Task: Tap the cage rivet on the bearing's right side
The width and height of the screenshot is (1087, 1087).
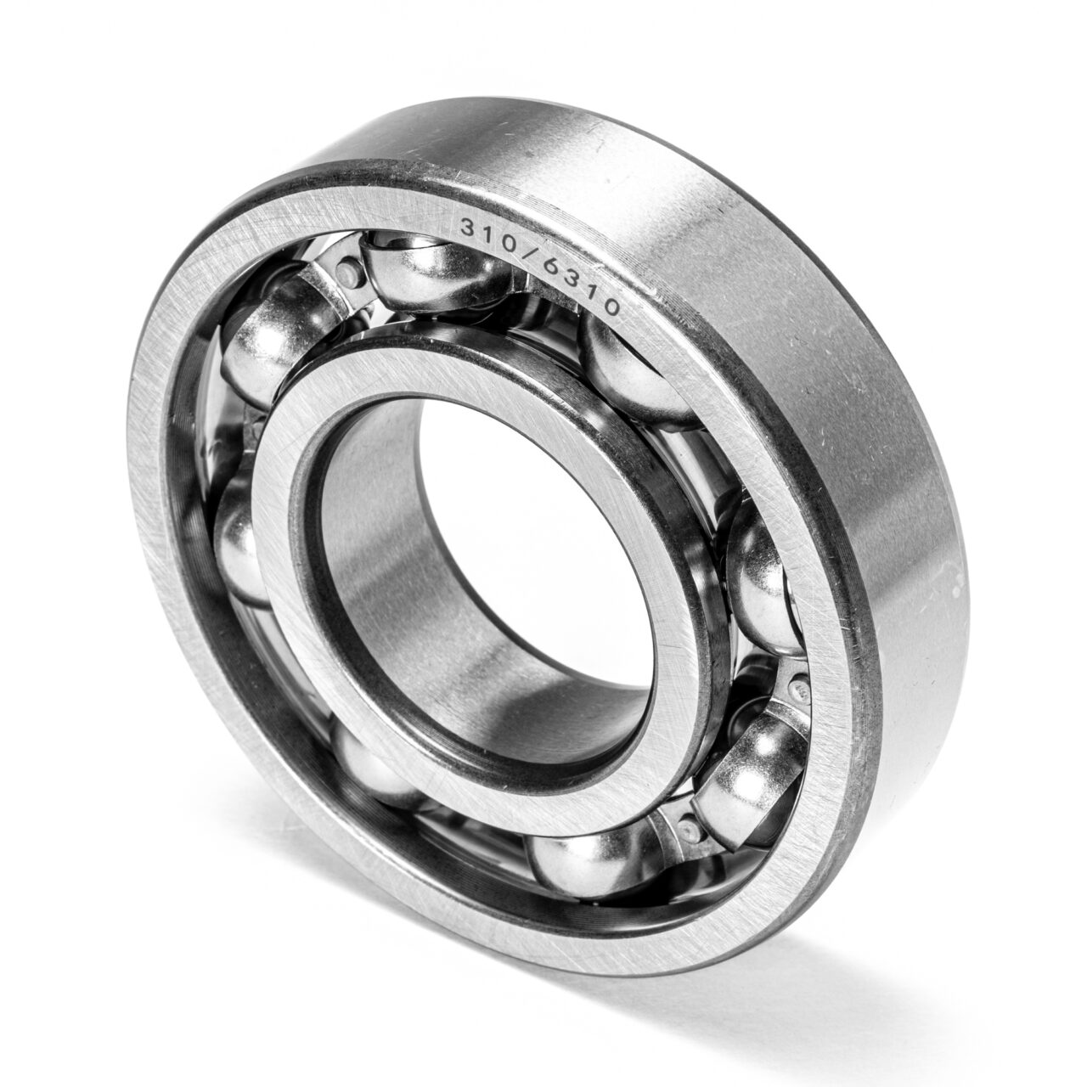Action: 801,686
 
